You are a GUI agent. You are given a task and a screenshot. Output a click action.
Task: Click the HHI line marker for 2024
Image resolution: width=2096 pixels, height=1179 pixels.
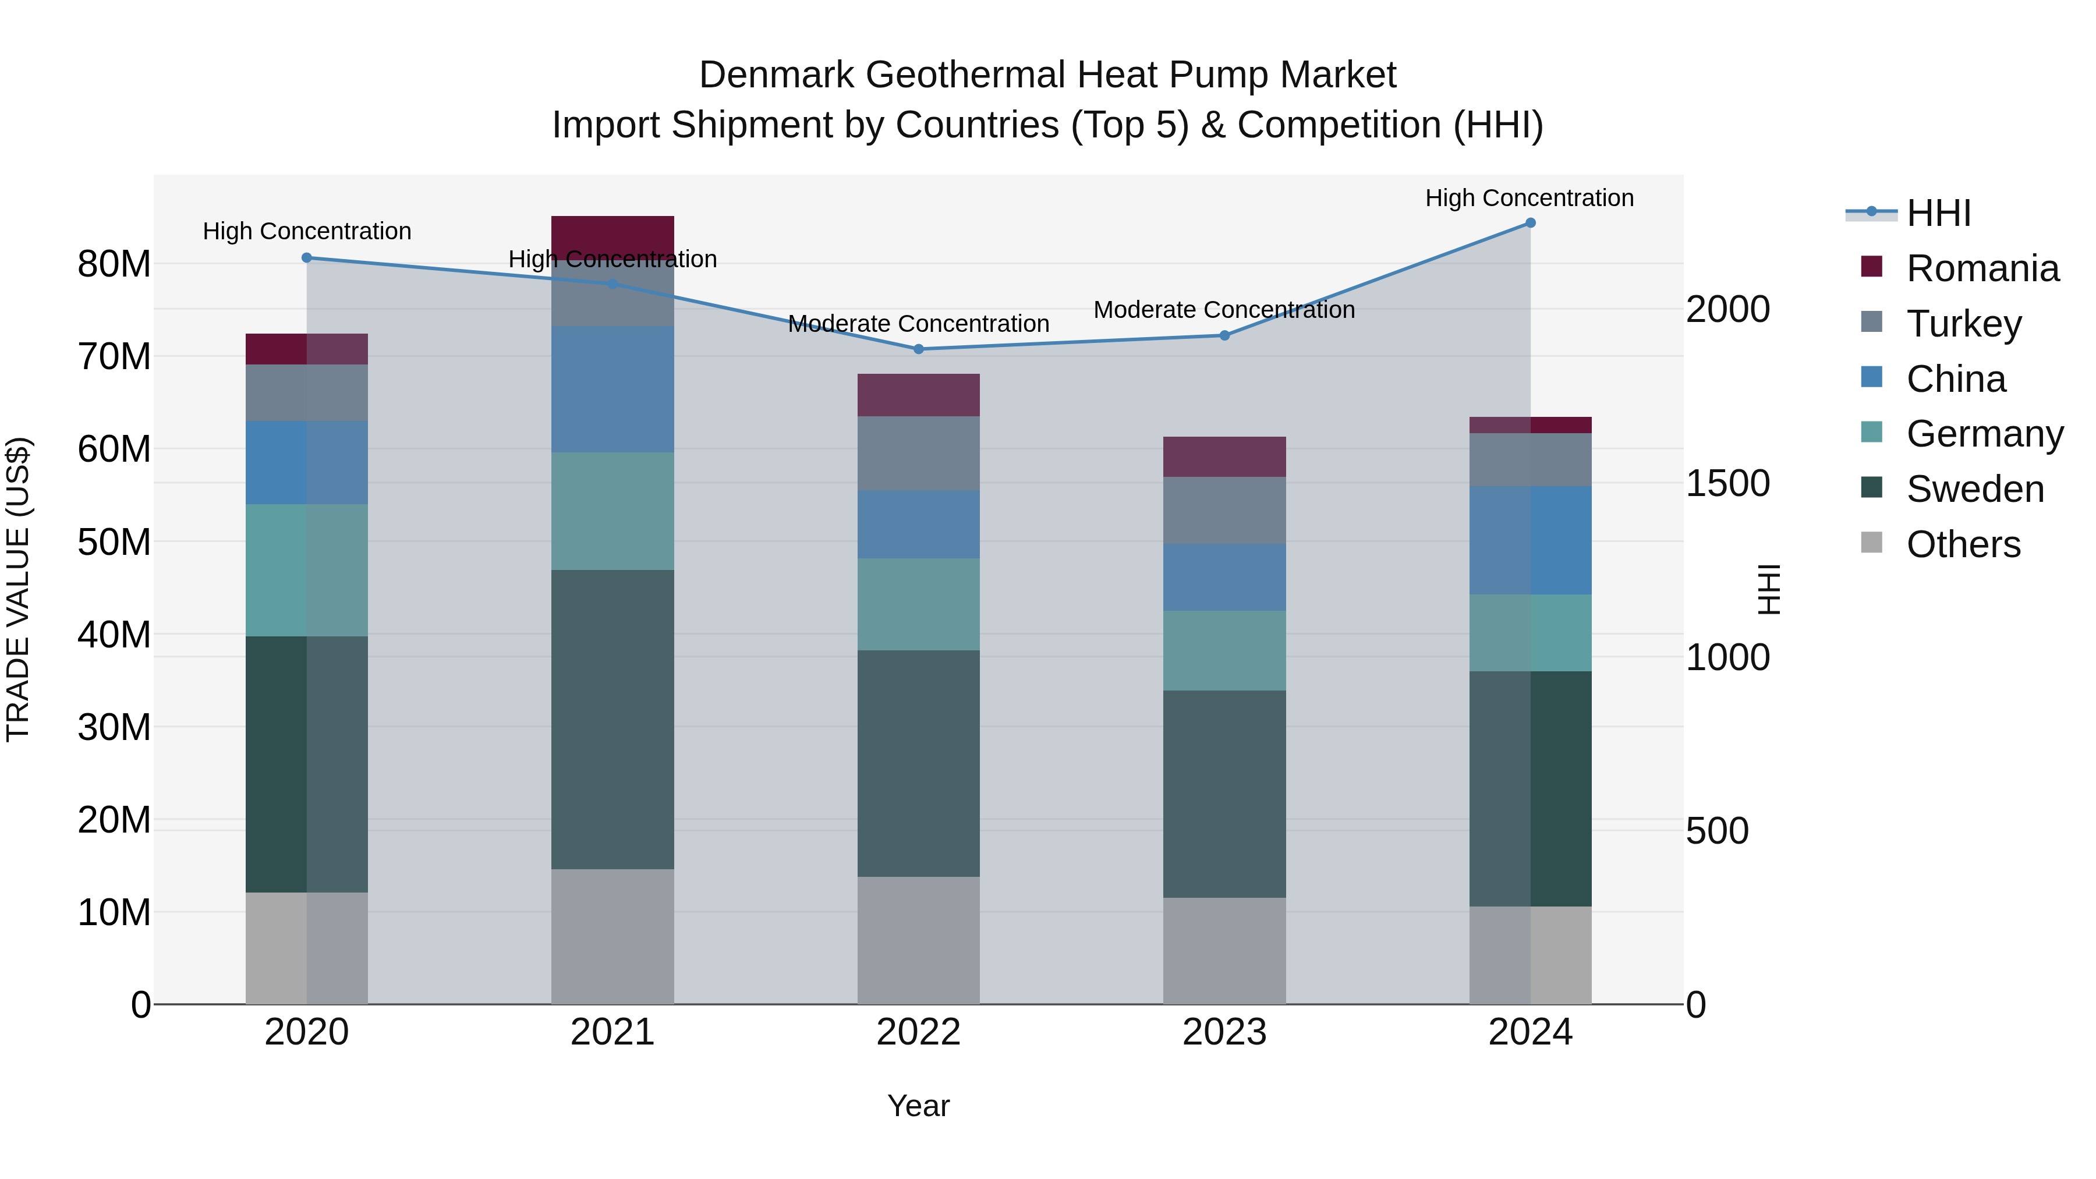[x=1529, y=223]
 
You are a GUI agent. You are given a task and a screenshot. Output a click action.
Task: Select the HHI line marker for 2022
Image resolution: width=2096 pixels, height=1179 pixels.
[x=919, y=349]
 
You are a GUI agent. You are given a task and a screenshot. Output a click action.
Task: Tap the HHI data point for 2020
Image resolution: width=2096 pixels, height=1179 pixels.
[x=307, y=258]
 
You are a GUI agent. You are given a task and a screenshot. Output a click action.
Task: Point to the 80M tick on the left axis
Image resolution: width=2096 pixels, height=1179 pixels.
[x=114, y=264]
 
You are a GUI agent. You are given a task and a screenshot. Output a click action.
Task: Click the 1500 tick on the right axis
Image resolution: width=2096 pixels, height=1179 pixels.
[x=1727, y=483]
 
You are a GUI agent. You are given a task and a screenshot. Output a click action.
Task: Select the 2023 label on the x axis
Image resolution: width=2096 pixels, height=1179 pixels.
[x=1224, y=1032]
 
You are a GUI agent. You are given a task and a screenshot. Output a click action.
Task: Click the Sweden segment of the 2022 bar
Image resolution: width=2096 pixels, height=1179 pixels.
[x=919, y=763]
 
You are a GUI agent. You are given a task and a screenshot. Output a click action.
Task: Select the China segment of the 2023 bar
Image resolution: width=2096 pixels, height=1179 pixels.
[x=1224, y=577]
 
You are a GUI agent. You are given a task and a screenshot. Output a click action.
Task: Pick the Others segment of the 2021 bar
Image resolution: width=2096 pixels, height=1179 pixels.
[x=612, y=936]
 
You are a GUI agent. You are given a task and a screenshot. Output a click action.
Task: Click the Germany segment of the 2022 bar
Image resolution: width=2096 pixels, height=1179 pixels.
[x=919, y=604]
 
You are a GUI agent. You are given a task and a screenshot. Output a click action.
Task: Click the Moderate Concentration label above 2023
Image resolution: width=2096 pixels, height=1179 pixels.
[x=1224, y=310]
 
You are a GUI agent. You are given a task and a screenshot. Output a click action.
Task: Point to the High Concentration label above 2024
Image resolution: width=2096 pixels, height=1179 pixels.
[x=1529, y=199]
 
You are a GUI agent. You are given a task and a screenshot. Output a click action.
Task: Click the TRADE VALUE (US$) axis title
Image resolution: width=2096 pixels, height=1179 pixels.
[x=18, y=589]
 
